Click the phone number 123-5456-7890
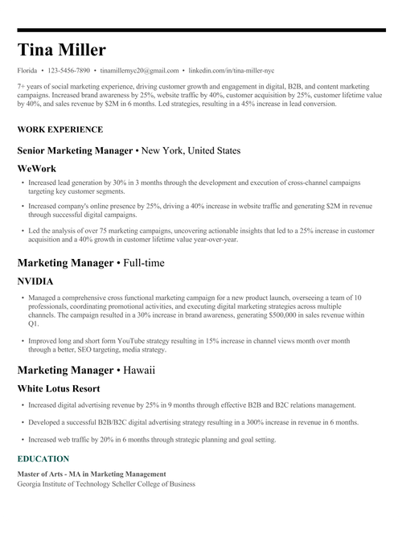(x=69, y=71)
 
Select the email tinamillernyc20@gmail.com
(x=140, y=71)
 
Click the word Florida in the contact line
(x=27, y=71)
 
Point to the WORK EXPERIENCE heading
(x=59, y=129)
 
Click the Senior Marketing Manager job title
(x=74, y=150)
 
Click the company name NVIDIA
(x=35, y=281)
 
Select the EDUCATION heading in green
(x=48, y=458)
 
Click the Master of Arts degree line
(x=92, y=474)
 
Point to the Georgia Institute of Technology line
(x=106, y=483)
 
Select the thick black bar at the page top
(x=201, y=30)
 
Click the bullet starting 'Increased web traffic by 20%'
(x=152, y=440)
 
